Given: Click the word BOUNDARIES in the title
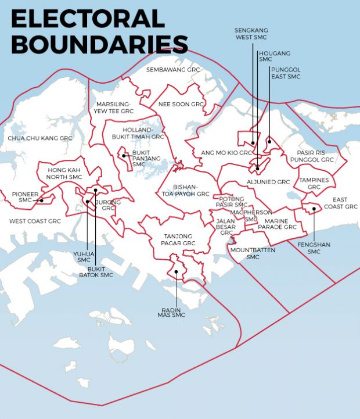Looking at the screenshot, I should (x=99, y=44).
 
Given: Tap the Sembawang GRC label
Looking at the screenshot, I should (x=172, y=69).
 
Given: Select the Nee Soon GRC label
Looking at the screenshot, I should (x=182, y=105).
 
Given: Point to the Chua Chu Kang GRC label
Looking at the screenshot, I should (x=40, y=138).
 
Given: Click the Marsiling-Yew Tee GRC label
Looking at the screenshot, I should (x=114, y=107).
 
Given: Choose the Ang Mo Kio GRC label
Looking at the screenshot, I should (x=226, y=153).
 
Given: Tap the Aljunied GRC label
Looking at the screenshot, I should (x=268, y=182).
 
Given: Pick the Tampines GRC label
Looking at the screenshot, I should (x=314, y=184).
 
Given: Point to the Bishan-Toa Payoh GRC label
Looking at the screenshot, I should (x=185, y=190).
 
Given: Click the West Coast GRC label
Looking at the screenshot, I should (x=35, y=221).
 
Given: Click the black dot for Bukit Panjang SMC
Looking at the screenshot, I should (x=124, y=156).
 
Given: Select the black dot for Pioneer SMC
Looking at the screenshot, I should (x=42, y=200).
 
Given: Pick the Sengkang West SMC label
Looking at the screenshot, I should (x=250, y=34).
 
